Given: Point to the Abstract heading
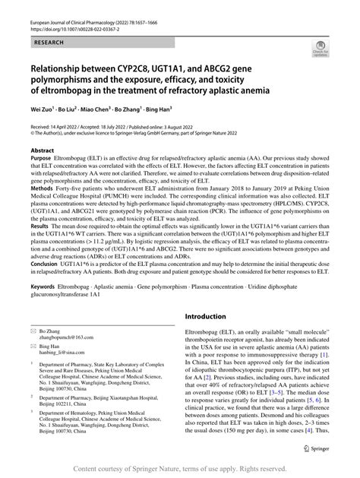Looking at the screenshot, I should click(x=43, y=173).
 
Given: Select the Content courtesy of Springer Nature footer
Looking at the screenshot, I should click(x=180, y=468).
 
